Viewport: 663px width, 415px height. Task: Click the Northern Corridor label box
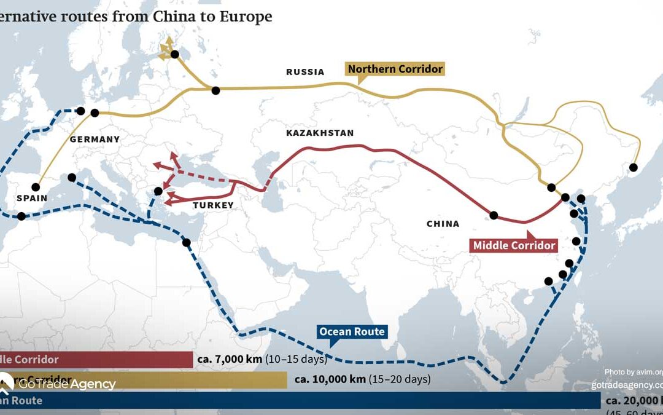pos(395,69)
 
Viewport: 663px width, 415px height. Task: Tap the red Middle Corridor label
pos(514,245)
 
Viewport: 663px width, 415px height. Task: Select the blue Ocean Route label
pos(352,332)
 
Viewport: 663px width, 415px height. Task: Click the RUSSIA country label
pos(305,72)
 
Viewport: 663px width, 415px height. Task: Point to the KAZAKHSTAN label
pos(320,133)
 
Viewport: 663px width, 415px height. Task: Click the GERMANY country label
pos(95,140)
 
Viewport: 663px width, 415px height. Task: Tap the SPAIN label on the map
pos(32,199)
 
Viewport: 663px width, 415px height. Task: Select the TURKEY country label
pos(213,205)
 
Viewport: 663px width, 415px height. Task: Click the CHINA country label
pos(443,224)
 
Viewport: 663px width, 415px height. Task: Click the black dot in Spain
pos(36,187)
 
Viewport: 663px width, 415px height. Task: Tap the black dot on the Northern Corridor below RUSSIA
pos(215,90)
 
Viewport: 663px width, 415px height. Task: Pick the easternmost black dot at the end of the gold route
pos(634,167)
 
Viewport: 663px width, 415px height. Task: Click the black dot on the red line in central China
pos(494,215)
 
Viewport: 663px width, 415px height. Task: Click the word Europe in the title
pos(248,16)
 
